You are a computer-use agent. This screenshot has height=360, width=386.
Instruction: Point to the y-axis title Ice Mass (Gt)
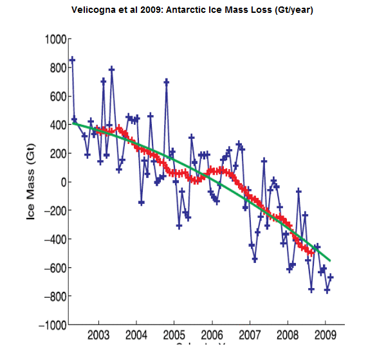click(31, 182)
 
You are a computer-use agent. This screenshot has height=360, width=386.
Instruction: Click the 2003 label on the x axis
click(98, 336)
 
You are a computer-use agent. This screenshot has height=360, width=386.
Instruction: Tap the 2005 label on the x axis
click(174, 336)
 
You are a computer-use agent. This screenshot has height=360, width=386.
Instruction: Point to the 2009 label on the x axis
click(325, 336)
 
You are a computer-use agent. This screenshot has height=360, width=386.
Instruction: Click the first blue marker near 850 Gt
click(72, 60)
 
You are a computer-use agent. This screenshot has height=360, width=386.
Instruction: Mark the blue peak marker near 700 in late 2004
click(167, 82)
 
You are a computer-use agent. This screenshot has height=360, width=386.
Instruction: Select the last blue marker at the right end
click(331, 276)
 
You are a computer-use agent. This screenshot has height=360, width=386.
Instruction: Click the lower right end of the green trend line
click(330, 260)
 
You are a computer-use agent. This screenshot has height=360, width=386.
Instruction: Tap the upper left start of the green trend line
click(74, 122)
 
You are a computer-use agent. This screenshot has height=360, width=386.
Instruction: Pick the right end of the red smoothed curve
click(313, 252)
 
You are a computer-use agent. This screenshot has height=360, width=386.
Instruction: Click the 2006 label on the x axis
click(212, 336)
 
